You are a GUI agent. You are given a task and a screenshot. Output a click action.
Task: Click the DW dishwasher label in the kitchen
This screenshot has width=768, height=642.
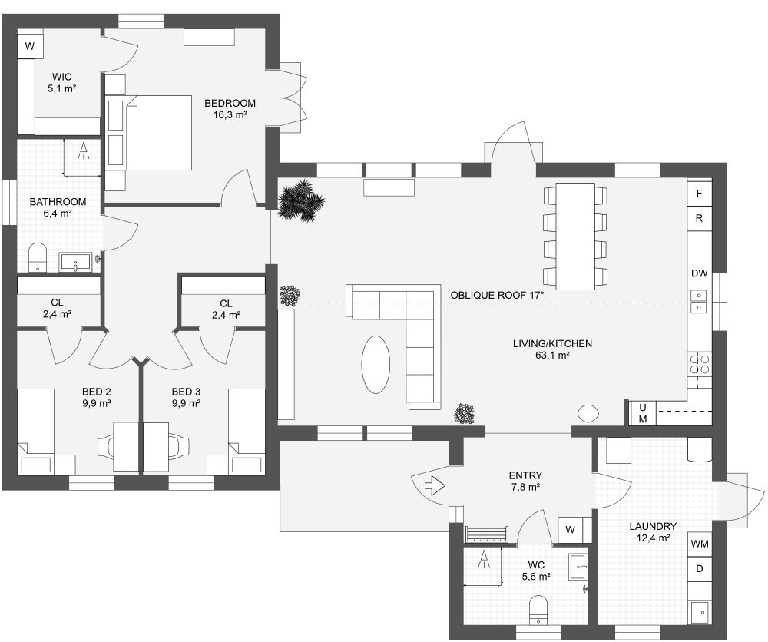point(699,273)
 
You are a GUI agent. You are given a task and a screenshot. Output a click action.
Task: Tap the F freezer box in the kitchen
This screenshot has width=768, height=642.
point(699,194)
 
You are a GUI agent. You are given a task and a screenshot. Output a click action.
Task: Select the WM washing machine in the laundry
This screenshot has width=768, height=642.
point(699,544)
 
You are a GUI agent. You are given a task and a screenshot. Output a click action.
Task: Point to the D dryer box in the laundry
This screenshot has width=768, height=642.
point(699,569)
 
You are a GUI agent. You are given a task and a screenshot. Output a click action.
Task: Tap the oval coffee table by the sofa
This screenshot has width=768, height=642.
point(376,365)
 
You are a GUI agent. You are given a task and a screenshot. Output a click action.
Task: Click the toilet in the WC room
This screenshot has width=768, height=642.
point(540,610)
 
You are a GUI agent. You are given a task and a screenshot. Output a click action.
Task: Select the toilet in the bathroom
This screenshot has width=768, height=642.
point(37,257)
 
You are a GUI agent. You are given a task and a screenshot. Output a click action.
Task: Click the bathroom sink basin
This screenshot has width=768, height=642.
point(76,263)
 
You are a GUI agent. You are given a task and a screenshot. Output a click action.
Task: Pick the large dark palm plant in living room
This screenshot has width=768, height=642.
point(300,202)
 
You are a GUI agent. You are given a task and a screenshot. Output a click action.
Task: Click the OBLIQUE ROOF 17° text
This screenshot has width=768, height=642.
point(497,295)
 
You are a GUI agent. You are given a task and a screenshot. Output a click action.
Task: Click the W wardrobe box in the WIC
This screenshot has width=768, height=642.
point(30,46)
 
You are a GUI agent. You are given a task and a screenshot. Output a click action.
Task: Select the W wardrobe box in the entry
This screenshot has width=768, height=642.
point(571,530)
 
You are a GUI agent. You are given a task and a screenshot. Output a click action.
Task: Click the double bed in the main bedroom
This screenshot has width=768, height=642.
point(158,132)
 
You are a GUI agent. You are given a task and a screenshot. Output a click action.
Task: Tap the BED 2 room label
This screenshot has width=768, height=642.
point(98,390)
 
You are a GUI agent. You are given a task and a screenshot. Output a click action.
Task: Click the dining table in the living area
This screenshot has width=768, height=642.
point(574,236)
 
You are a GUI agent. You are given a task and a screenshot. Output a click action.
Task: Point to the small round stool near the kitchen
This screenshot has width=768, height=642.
point(589,413)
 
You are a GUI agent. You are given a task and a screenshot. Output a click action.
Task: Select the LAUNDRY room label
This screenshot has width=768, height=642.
point(653,526)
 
